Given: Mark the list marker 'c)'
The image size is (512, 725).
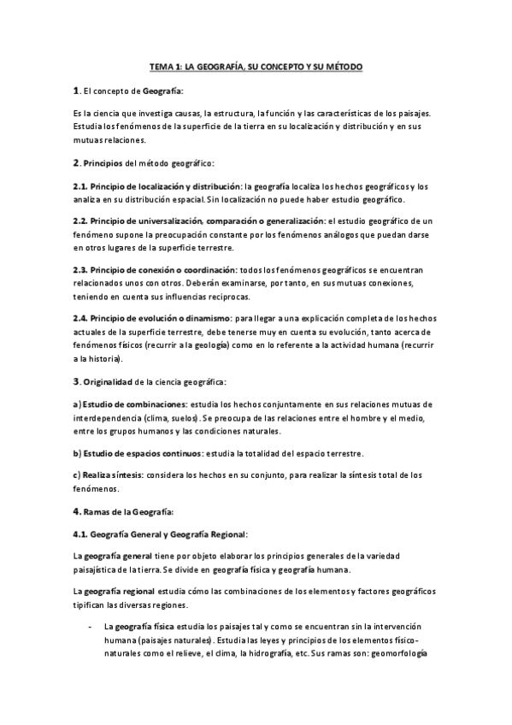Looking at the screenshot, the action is tap(76, 474).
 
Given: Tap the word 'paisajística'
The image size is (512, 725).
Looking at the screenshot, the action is tap(98, 570).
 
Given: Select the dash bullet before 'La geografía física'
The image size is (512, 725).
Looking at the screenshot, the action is tap(90, 627).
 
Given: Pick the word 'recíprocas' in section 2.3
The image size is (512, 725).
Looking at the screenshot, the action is tap(225, 297).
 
